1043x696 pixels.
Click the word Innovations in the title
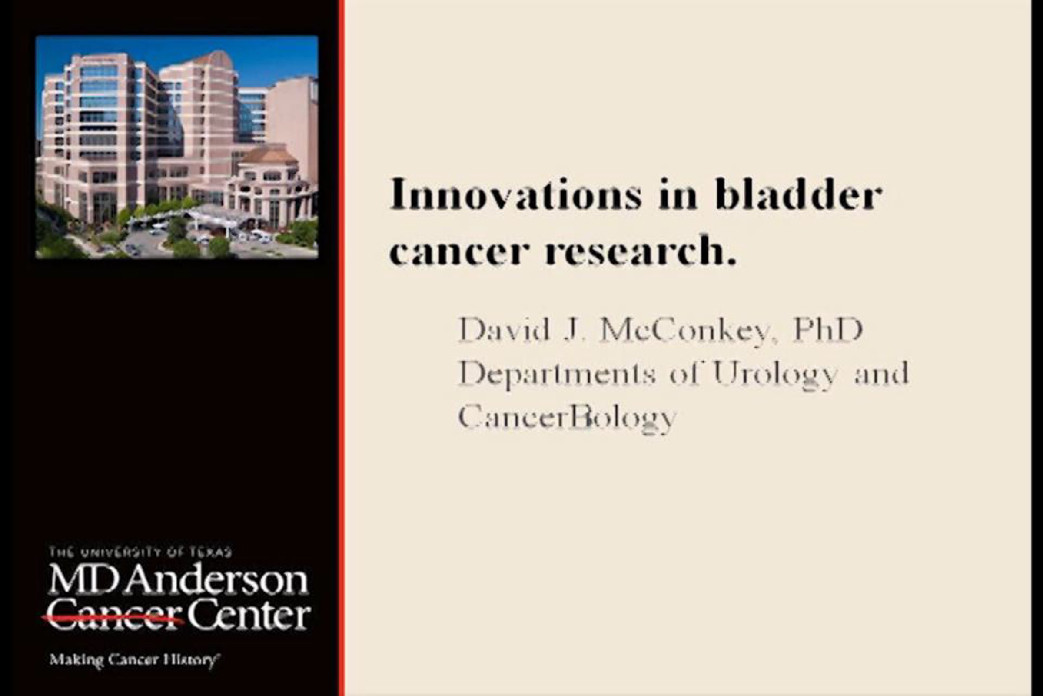516,194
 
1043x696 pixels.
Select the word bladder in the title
799,194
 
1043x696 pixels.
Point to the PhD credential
827,329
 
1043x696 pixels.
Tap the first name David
503,329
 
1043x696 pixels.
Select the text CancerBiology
567,418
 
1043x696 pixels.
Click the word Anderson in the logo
216,580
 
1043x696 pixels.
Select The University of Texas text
140,552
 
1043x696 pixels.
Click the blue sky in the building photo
266,58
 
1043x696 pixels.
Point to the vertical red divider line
341,348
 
